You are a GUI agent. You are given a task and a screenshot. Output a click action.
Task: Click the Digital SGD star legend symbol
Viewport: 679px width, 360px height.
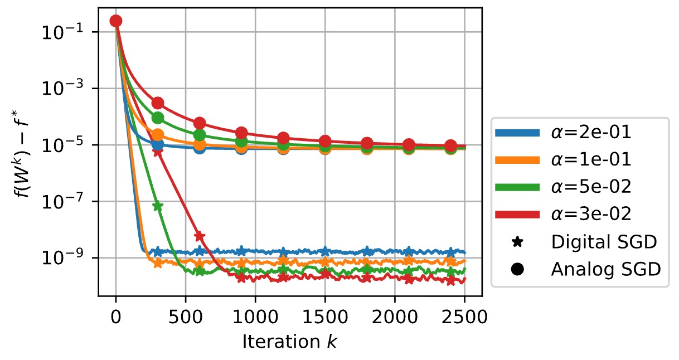(x=517, y=241)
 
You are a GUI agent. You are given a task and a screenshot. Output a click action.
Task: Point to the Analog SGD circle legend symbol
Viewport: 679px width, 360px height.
(x=517, y=269)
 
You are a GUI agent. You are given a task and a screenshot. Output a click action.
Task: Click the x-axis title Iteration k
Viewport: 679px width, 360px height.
(x=290, y=342)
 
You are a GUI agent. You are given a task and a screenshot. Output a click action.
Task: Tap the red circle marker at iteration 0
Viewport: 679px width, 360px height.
(x=116, y=21)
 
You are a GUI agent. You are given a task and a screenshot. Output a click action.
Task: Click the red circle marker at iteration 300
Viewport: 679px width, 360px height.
(x=158, y=103)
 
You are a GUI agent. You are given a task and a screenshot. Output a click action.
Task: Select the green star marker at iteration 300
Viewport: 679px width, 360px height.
(x=158, y=206)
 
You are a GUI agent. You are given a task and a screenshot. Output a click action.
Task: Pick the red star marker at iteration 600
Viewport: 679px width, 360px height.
(x=200, y=237)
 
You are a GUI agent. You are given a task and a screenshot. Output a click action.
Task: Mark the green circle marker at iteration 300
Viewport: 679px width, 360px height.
(x=158, y=118)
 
